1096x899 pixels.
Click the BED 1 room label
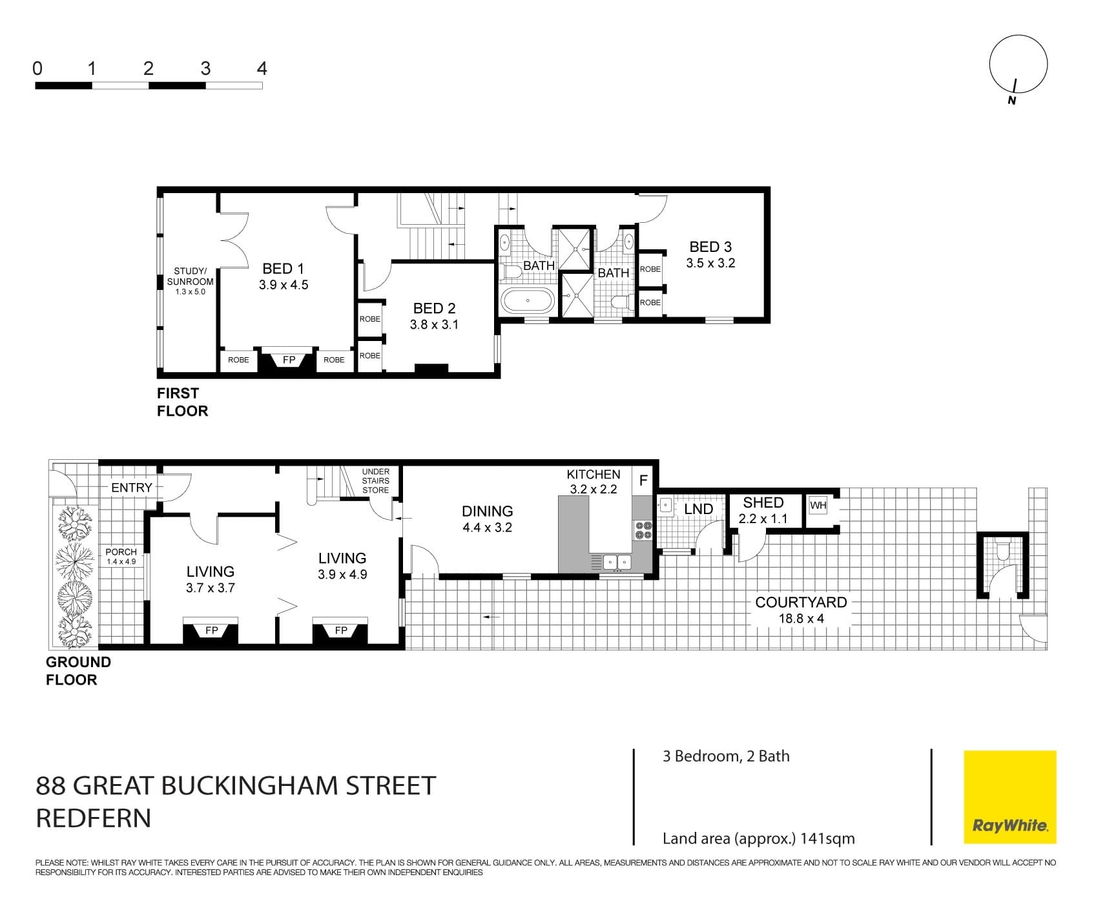pyautogui.click(x=283, y=269)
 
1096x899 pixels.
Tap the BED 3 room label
pyautogui.click(x=710, y=247)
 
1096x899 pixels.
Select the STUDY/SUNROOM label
pyautogui.click(x=190, y=276)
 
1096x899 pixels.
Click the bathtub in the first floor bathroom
pyautogui.click(x=528, y=301)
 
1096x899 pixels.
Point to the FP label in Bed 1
pyautogui.click(x=289, y=360)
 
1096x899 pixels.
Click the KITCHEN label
pyautogui.click(x=593, y=475)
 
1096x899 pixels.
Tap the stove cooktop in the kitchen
pyautogui.click(x=643, y=530)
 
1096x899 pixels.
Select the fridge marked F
pyautogui.click(x=643, y=480)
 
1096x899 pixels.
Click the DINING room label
pyautogui.click(x=487, y=512)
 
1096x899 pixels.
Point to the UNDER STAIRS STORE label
pyautogui.click(x=376, y=481)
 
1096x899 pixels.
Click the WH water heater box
pyautogui.click(x=818, y=505)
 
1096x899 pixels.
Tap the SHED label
pyautogui.click(x=763, y=502)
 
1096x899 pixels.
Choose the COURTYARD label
pyautogui.click(x=801, y=603)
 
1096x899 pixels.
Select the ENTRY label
pyautogui.click(x=132, y=488)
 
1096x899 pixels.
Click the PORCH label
pyautogui.click(x=121, y=552)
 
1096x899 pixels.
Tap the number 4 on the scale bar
pyautogui.click(x=262, y=68)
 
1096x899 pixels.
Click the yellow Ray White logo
pyautogui.click(x=1009, y=796)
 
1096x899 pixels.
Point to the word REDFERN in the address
pyautogui.click(x=94, y=818)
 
